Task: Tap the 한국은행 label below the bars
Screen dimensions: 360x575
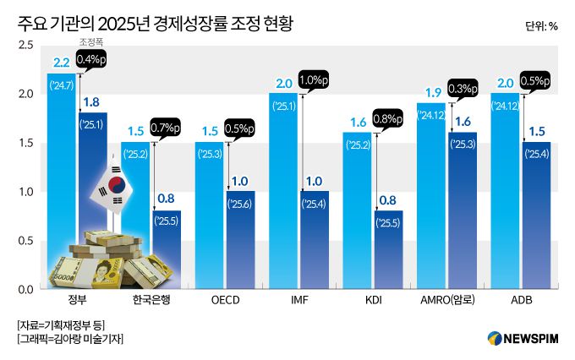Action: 152,302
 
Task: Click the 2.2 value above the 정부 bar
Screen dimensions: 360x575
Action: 62,63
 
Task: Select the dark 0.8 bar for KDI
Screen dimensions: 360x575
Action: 389,254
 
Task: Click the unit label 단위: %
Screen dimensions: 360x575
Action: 540,25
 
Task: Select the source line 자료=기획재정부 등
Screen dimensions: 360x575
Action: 60,325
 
